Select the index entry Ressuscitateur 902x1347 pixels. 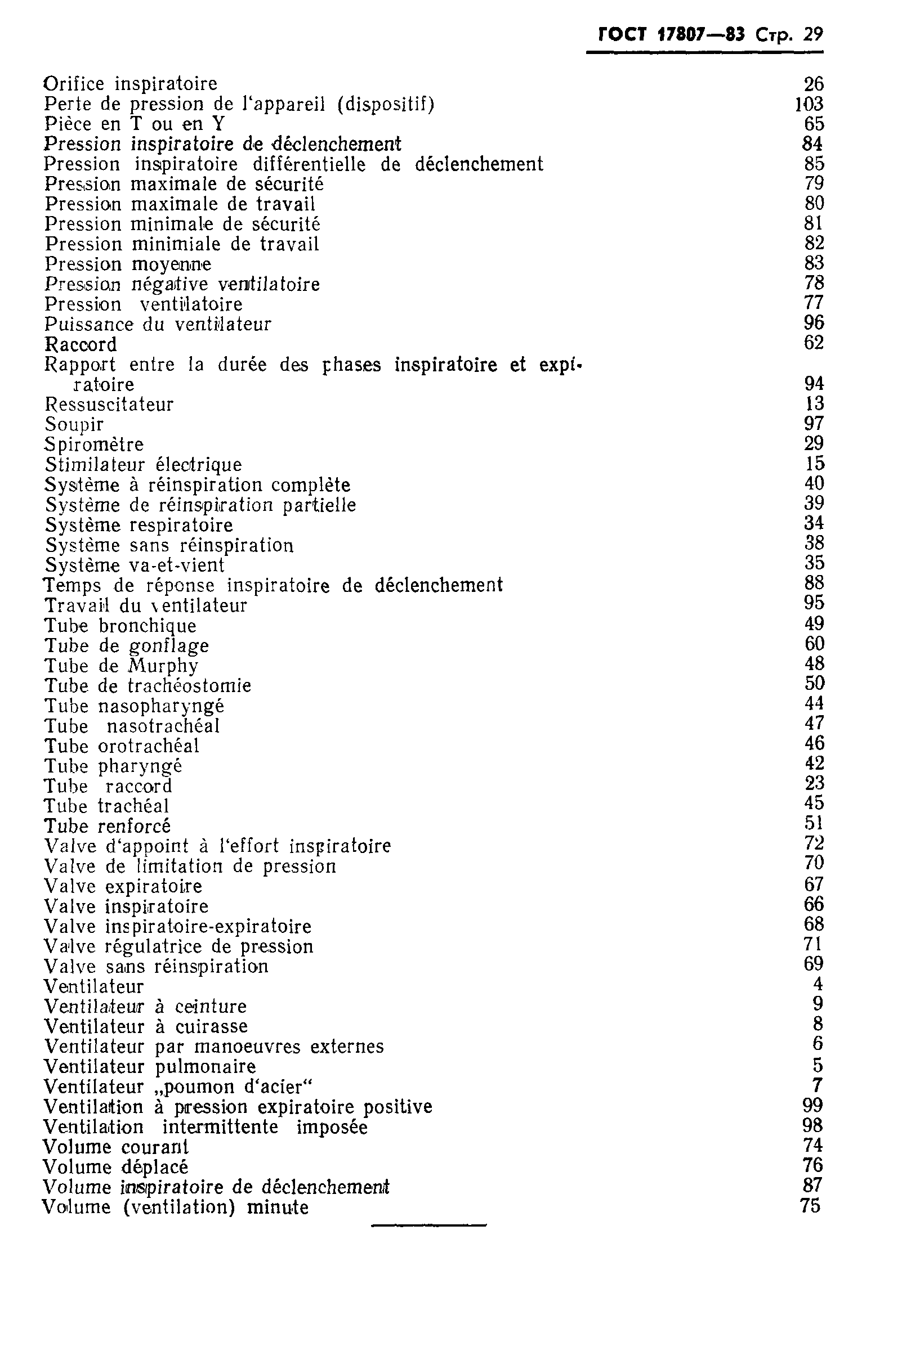(x=109, y=404)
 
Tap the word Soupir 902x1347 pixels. (x=74, y=425)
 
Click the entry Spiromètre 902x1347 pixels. (x=95, y=444)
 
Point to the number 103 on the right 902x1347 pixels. (x=809, y=104)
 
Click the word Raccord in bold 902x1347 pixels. (x=81, y=344)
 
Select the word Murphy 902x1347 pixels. (x=163, y=666)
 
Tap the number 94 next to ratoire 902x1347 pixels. (x=814, y=384)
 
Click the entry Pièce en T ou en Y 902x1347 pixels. (x=134, y=124)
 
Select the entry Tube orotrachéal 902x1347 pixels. (x=122, y=746)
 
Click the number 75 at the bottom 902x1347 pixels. (x=810, y=1206)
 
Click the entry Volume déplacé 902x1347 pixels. (x=115, y=1167)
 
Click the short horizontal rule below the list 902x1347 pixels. (x=428, y=1225)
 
